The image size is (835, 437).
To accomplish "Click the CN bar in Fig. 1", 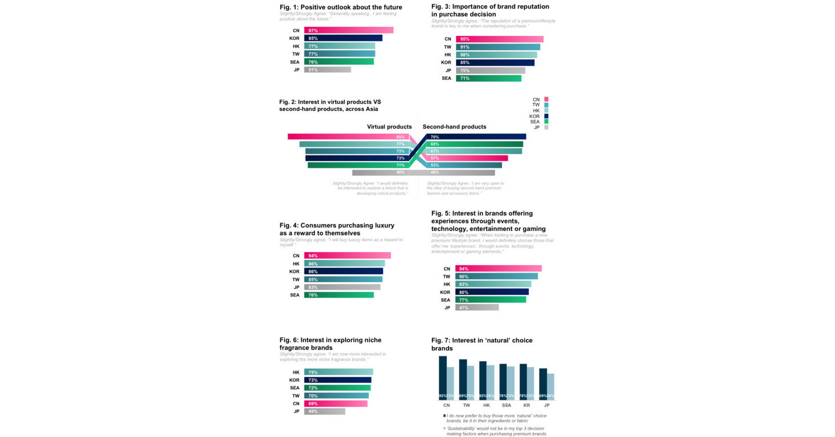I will (x=348, y=30).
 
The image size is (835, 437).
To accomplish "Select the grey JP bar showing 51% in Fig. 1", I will (x=327, y=70).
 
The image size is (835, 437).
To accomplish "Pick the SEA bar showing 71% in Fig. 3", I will (x=488, y=79).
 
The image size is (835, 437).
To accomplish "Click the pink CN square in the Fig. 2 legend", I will (x=546, y=100).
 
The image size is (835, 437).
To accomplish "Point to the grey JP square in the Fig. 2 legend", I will (x=546, y=127).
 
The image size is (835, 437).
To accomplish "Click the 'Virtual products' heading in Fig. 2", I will (x=389, y=127).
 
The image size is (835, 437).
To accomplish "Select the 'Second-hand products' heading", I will (x=454, y=127).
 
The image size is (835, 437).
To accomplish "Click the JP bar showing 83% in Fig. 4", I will (x=342, y=287).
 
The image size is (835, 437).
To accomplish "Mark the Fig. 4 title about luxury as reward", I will (x=336, y=229).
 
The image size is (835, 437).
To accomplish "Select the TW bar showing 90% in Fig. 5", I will (x=496, y=277).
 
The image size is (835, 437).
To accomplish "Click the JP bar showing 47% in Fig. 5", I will (x=477, y=308).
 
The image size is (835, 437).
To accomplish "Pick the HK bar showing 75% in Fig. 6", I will (x=338, y=372).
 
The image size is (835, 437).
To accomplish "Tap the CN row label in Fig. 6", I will (x=295, y=403).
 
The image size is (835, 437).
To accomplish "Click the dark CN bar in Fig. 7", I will (x=443, y=378).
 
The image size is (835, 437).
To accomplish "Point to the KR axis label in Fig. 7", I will (x=526, y=406).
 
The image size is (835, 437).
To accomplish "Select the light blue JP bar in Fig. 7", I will (x=550, y=387).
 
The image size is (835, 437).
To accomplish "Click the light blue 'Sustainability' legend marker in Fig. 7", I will (x=445, y=428).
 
